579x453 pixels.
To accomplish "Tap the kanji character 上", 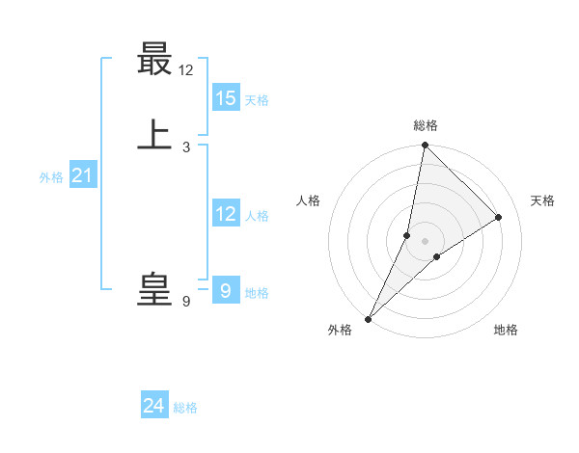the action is pos(154,136).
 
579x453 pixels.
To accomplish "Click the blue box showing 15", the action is pos(226,98).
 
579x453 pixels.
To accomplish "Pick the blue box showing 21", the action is pos(82,175).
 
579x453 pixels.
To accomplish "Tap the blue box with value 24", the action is pos(154,407).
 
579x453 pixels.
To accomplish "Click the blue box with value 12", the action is pos(226,214).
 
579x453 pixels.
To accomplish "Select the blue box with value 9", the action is pos(226,290).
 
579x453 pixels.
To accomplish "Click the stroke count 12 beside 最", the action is pos(186,70).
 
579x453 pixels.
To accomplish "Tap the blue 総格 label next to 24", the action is pos(185,408).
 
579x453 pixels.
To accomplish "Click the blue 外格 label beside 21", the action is pos(51,177).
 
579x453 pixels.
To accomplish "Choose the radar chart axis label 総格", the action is pos(426,125).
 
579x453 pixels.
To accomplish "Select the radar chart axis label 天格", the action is pos(543,200).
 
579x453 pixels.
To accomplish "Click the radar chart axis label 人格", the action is pos(309,200).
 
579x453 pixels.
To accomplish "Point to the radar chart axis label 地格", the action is pos(506,330).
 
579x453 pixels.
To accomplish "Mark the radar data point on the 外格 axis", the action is pos(369,318).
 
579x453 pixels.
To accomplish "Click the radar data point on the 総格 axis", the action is pos(425,145).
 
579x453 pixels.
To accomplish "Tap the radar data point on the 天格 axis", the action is pos(499,218).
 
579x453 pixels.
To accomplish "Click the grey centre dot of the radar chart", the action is pos(425,241).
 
